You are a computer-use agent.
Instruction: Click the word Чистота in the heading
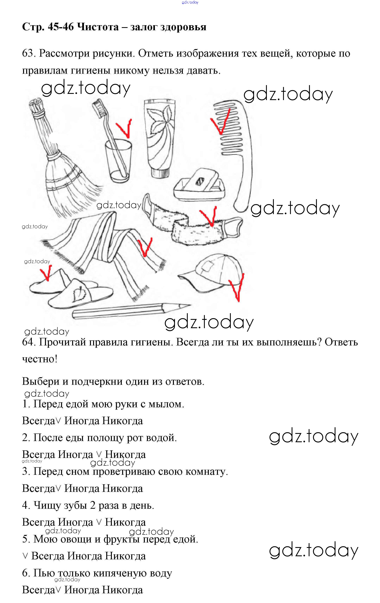tap(98, 27)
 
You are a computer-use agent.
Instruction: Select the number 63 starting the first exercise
tap(28, 53)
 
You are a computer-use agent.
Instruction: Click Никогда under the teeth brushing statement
tap(125, 522)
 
